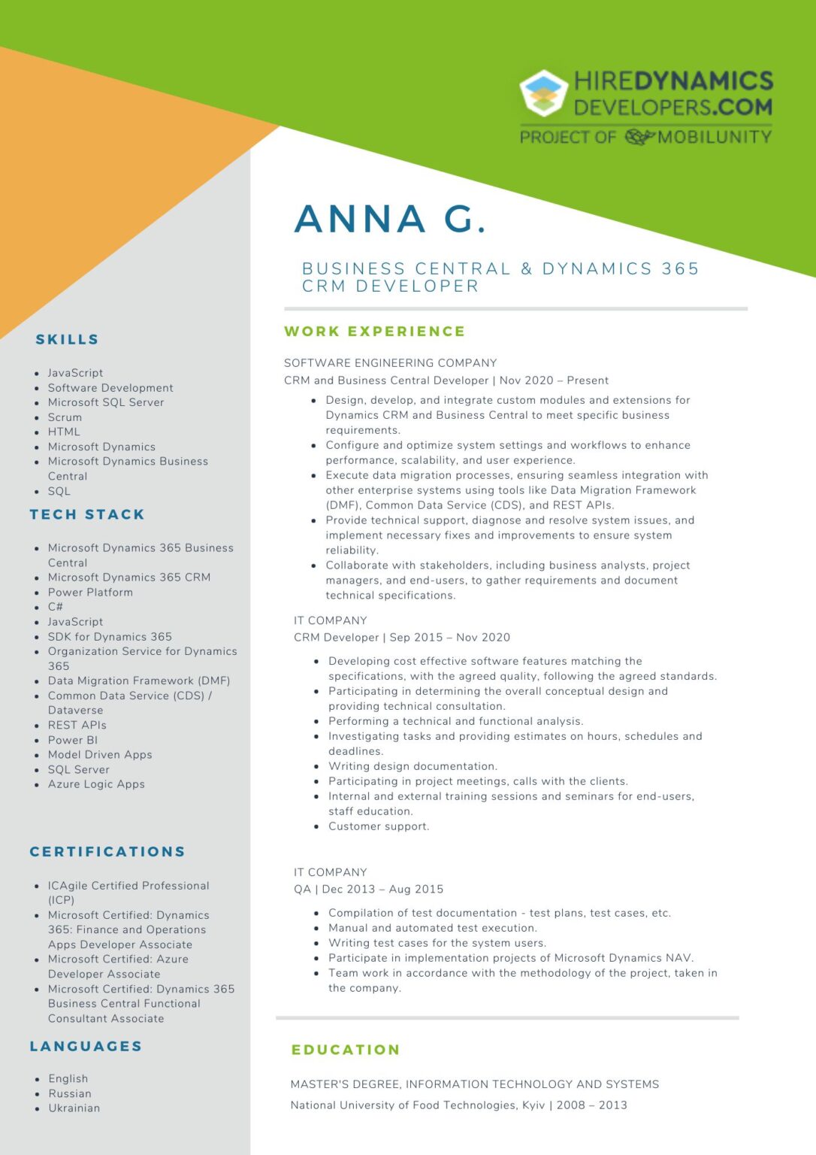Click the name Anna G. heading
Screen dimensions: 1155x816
(x=390, y=219)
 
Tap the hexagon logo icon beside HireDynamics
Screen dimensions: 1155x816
(x=543, y=93)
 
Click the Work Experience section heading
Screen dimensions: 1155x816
(x=374, y=332)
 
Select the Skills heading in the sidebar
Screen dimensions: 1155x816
(x=67, y=340)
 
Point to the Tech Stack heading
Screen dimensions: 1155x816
(x=87, y=515)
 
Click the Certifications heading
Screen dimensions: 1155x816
(x=107, y=852)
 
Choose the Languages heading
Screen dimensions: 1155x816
(x=86, y=1047)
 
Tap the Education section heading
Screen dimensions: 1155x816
(x=346, y=1050)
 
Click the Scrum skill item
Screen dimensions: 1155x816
(x=65, y=417)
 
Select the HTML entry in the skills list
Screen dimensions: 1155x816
(x=64, y=432)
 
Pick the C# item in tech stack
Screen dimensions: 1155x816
(x=56, y=607)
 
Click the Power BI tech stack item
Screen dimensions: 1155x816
(x=73, y=740)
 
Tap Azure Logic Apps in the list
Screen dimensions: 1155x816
(x=96, y=784)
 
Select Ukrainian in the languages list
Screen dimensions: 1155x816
(x=74, y=1108)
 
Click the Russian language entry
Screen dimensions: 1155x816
(x=70, y=1094)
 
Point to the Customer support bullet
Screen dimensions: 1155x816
(x=379, y=826)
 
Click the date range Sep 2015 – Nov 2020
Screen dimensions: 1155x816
(x=449, y=638)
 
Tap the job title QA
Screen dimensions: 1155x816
(x=302, y=890)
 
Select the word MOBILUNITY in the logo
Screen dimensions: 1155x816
(x=714, y=137)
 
